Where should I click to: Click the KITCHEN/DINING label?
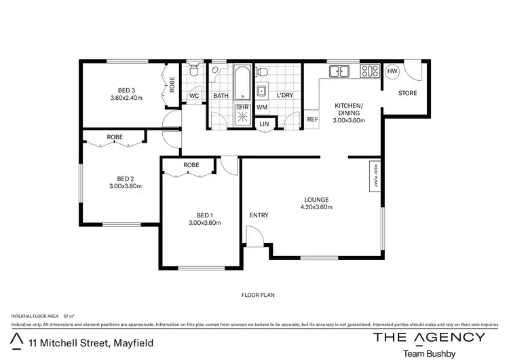(x=349, y=113)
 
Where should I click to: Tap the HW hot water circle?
(x=392, y=71)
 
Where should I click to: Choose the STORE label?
(x=407, y=93)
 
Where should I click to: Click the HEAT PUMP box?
(x=373, y=176)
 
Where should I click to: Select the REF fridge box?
(x=312, y=120)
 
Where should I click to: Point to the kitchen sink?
(x=337, y=71)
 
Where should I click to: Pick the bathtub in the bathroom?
(x=242, y=83)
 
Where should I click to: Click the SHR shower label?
(x=242, y=107)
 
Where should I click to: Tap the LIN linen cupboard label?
(x=264, y=124)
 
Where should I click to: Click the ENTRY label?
(x=259, y=215)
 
